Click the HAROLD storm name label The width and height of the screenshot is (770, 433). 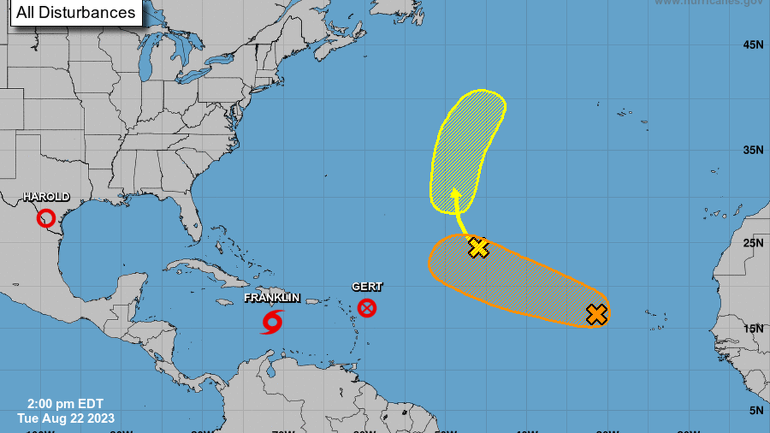point(47,197)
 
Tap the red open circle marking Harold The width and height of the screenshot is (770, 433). point(46,218)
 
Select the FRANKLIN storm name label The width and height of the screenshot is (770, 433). point(272,298)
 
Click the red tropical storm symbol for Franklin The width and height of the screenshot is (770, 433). point(272,322)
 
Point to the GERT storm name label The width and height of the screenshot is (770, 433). point(367,286)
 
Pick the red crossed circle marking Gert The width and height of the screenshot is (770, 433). point(367,309)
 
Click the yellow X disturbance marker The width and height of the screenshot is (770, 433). point(478,248)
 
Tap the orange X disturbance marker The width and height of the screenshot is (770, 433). point(596,314)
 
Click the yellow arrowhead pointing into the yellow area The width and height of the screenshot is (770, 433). point(456,195)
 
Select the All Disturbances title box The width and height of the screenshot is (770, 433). point(76,12)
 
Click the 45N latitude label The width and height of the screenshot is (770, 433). point(752,45)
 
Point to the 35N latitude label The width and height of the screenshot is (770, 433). point(752,149)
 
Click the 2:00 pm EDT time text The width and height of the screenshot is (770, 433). point(66,404)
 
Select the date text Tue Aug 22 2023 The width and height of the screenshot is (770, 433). point(66,417)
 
